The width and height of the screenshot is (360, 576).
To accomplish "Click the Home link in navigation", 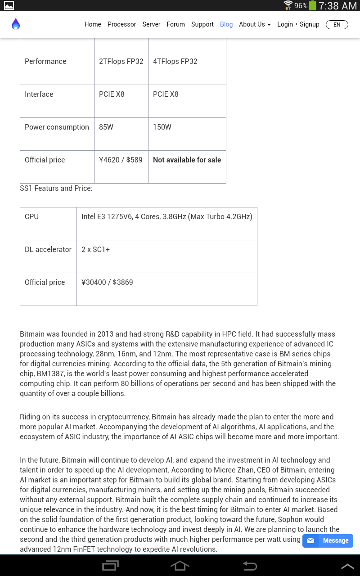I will pos(93,24).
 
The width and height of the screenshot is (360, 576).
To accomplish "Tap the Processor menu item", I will pos(121,24).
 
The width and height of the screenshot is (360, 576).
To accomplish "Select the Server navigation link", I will pos(151,24).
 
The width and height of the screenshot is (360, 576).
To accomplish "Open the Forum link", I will pos(175,24).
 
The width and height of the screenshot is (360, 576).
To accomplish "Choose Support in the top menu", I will pos(202,24).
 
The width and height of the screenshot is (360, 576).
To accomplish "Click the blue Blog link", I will pos(226,24).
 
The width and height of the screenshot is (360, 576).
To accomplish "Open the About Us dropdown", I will pos(255,24).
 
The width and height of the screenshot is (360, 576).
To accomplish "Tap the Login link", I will pos(285,24).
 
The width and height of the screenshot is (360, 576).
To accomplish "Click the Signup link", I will pos(310,24).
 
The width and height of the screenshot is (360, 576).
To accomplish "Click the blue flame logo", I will pos(16,24).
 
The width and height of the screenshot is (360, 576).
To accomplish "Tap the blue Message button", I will pos(328,540).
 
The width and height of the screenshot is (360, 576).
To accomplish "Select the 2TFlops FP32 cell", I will pos(121,62).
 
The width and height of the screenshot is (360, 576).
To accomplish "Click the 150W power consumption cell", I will pos(162,127).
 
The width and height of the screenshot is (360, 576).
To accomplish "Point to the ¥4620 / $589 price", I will pos(121,160).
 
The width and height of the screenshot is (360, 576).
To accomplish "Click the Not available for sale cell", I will pos(187,160).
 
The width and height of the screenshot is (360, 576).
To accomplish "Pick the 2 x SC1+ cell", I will pos(95,250).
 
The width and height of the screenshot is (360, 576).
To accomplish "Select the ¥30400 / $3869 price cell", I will pos(107,283).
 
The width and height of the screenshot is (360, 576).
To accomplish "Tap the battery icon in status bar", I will pos(312,6).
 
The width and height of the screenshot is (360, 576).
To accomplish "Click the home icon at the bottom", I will pos(180,566).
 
